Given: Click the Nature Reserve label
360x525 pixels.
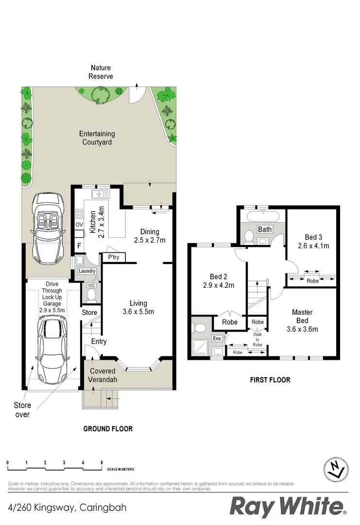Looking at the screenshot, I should [x=101, y=72].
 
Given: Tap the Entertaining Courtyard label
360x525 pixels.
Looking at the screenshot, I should [x=97, y=138].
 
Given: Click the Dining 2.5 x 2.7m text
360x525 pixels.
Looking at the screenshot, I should [x=150, y=236].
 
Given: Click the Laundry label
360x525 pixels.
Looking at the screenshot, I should [x=86, y=271].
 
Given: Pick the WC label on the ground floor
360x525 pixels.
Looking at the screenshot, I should [x=91, y=285].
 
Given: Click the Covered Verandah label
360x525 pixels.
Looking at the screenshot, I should [x=102, y=375].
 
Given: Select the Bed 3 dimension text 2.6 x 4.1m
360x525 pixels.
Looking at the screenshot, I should [x=313, y=246].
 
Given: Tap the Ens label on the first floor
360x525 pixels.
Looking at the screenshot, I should [x=217, y=339].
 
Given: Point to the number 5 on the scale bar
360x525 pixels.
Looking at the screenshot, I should [x=101, y=462].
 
